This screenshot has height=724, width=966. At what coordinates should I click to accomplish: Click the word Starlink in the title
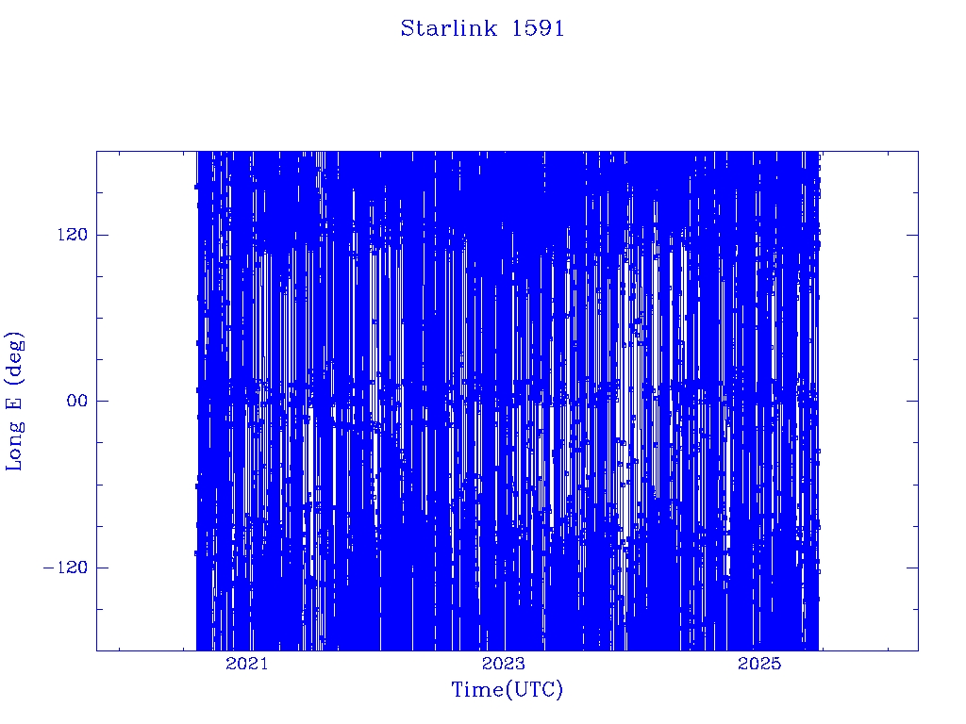tap(448, 28)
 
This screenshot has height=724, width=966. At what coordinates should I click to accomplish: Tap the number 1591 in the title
tap(538, 28)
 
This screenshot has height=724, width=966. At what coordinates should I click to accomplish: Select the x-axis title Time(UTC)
tap(507, 689)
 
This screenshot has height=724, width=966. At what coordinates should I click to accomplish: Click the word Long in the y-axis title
tap(13, 445)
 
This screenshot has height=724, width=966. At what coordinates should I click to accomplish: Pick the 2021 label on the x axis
tap(247, 664)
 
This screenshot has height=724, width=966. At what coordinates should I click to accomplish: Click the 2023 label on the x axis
tap(504, 664)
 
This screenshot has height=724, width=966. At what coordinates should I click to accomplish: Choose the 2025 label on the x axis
tap(759, 664)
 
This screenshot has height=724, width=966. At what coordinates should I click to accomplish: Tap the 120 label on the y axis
tap(73, 235)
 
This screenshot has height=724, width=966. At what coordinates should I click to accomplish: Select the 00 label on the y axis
tap(77, 401)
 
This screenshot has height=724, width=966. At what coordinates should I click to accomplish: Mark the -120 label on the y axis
tap(65, 567)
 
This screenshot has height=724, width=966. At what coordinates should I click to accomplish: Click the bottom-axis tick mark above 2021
tap(247, 645)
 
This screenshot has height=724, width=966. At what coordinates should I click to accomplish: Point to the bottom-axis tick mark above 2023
tap(504, 645)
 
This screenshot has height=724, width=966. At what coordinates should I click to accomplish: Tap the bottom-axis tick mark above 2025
tap(759, 645)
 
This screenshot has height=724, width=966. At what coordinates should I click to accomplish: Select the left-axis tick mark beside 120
tap(102, 235)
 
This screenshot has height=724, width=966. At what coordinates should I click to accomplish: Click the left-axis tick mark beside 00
tap(102, 401)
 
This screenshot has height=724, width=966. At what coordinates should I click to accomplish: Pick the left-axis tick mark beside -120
tap(102, 567)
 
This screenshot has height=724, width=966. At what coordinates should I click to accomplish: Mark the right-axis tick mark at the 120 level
tap(912, 235)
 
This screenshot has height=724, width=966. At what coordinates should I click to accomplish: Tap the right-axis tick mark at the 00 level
tap(912, 401)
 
